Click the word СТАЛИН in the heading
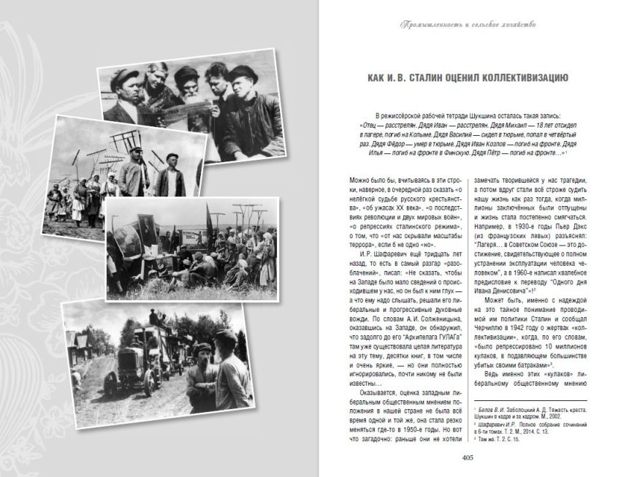tap(446, 78)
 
